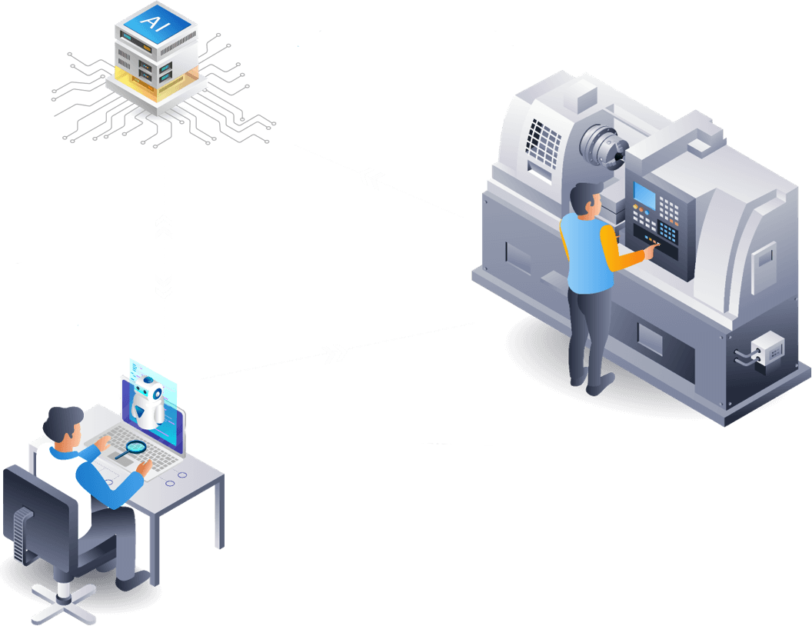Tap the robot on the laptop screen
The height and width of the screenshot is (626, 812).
coord(148,401)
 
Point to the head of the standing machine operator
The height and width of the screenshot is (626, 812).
coord(588,199)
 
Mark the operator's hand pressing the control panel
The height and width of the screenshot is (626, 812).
coord(651,247)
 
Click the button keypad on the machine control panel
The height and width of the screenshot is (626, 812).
coord(667,219)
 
